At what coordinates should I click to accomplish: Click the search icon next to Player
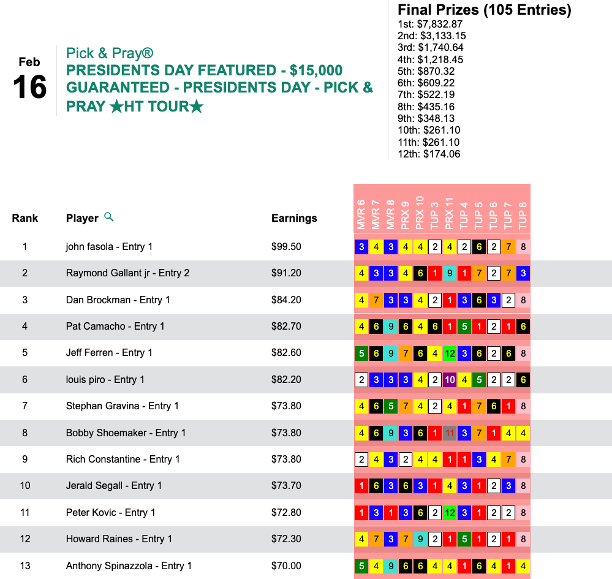pyautogui.click(x=109, y=217)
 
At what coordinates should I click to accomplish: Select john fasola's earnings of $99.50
pyautogui.click(x=286, y=247)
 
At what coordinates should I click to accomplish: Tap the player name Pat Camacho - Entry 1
pyautogui.click(x=115, y=327)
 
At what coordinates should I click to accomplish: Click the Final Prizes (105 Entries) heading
pyautogui.click(x=484, y=10)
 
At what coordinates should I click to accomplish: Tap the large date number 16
pyautogui.click(x=29, y=88)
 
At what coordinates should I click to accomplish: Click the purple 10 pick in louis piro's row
pyautogui.click(x=449, y=380)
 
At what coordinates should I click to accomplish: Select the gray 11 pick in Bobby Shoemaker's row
pyautogui.click(x=449, y=433)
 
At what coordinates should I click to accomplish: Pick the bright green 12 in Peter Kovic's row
pyautogui.click(x=449, y=513)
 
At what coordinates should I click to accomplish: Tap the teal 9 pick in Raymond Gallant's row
pyautogui.click(x=449, y=273)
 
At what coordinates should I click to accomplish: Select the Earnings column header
pyautogui.click(x=294, y=218)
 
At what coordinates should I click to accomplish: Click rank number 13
pyautogui.click(x=25, y=566)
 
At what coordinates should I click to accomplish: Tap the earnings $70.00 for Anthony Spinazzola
pyautogui.click(x=286, y=566)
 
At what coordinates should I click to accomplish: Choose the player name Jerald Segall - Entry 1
pyautogui.click(x=114, y=486)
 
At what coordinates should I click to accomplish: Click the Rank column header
pyautogui.click(x=25, y=218)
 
